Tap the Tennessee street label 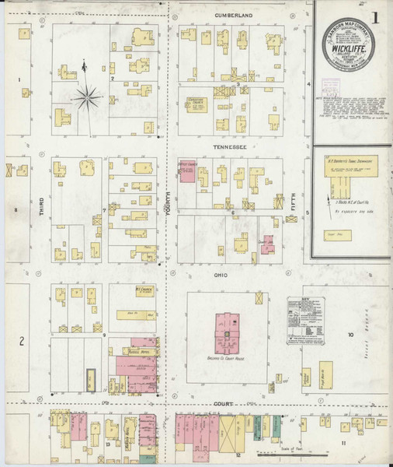[x=231, y=146]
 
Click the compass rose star [x=87, y=98]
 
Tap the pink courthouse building [x=228, y=333]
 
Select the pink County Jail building [x=267, y=247]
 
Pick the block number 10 [x=350, y=335]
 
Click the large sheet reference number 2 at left [x=23, y=341]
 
